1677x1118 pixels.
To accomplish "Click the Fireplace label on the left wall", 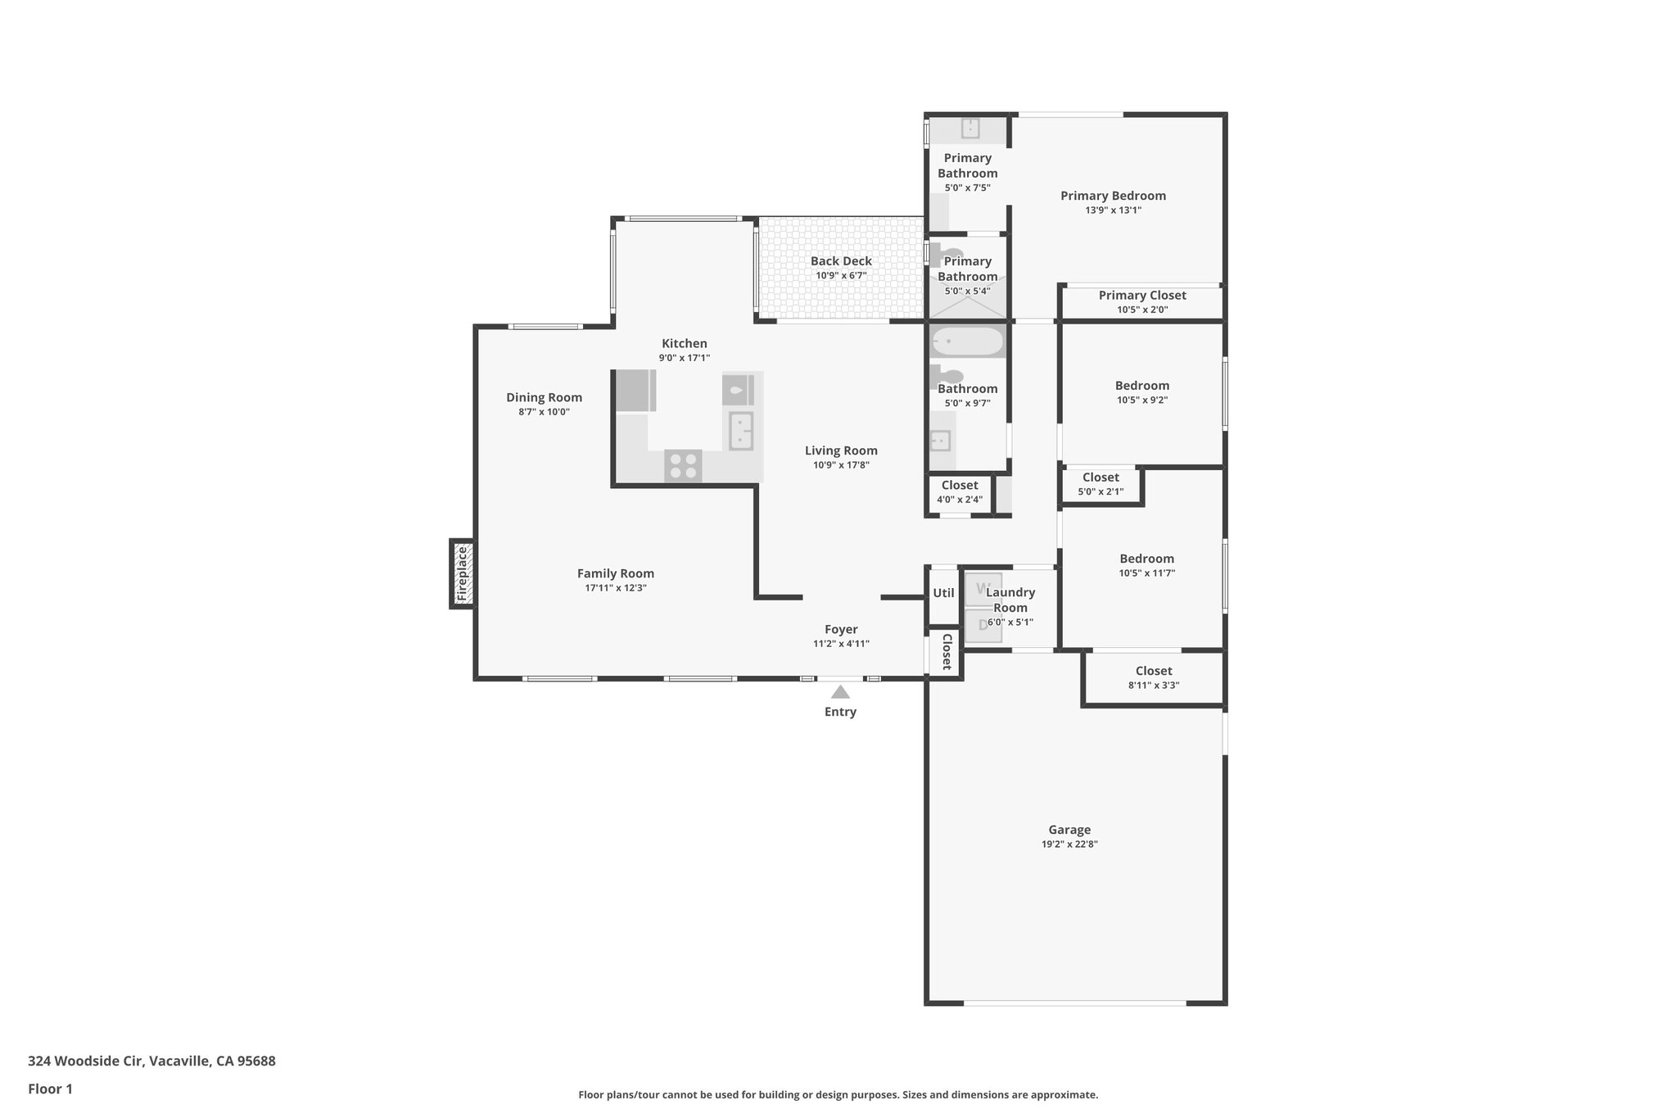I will pyautogui.click(x=463, y=573).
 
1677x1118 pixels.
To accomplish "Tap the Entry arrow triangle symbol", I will pyautogui.click(x=840, y=692).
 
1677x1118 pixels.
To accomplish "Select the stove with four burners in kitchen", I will pyautogui.click(x=683, y=466).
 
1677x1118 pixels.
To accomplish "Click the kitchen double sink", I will pyautogui.click(x=741, y=431).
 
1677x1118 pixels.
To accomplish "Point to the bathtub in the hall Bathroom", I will pyautogui.click(x=968, y=341).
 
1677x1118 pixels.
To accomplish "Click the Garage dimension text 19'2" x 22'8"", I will pyautogui.click(x=1069, y=844).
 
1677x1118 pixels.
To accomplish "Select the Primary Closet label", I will pyautogui.click(x=1141, y=296).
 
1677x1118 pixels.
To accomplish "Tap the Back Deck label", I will pyautogui.click(x=841, y=261).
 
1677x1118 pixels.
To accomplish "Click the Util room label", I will pyautogui.click(x=943, y=593).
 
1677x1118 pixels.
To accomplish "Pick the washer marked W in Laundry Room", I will pyautogui.click(x=983, y=590).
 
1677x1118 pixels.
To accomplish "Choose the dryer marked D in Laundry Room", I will pyautogui.click(x=983, y=626).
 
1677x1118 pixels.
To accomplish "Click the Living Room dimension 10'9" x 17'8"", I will pyautogui.click(x=841, y=465).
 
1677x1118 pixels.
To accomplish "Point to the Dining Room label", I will pyautogui.click(x=544, y=397).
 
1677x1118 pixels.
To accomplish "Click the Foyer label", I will pyautogui.click(x=841, y=629).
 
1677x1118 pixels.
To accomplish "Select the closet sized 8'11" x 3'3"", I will pyautogui.click(x=1153, y=677).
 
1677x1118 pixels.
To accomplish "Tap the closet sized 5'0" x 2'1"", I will pyautogui.click(x=1101, y=484).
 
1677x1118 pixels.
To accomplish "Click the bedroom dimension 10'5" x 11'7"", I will pyautogui.click(x=1146, y=573).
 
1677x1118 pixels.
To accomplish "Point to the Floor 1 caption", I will pyautogui.click(x=50, y=1089).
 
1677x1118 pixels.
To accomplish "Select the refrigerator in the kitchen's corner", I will pyautogui.click(x=635, y=391).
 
